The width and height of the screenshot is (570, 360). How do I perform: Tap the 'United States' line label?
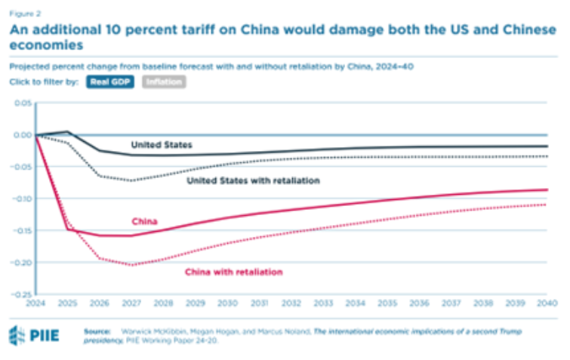[x=161, y=143]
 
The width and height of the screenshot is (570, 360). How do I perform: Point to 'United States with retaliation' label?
[x=253, y=181]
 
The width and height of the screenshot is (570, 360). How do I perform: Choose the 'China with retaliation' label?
[x=234, y=271]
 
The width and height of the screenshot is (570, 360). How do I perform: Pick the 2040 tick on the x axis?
[x=547, y=302]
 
